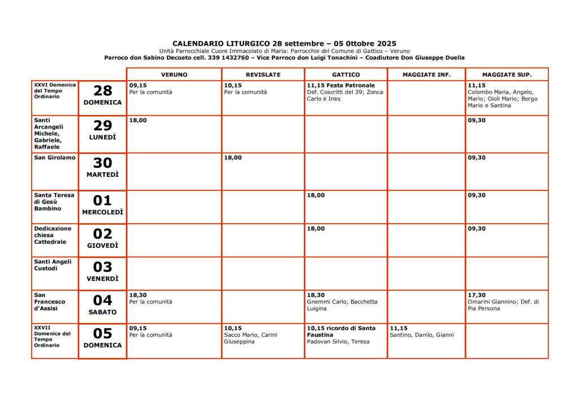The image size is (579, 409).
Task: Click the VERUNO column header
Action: (x=174, y=75)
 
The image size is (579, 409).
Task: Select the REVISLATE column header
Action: (x=263, y=75)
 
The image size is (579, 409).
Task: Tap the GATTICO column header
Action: (x=345, y=75)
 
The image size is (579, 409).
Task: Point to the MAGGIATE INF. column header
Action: (x=426, y=75)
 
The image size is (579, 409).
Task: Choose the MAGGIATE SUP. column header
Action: (x=507, y=75)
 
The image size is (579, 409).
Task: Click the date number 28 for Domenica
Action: (x=102, y=91)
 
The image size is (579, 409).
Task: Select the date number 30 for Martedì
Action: (x=102, y=163)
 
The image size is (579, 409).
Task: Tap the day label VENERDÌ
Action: (x=102, y=279)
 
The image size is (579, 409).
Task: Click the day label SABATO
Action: (x=102, y=312)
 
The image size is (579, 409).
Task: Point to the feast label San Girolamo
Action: (x=54, y=158)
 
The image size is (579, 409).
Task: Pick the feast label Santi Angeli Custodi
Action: (x=53, y=265)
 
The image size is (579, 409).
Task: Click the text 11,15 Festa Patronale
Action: (x=340, y=85)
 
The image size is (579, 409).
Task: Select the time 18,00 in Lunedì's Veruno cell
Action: (x=137, y=120)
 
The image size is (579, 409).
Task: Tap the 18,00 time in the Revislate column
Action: (x=232, y=158)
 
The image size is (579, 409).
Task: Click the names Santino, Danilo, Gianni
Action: (x=421, y=335)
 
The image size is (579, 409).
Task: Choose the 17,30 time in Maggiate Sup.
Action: (x=476, y=295)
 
